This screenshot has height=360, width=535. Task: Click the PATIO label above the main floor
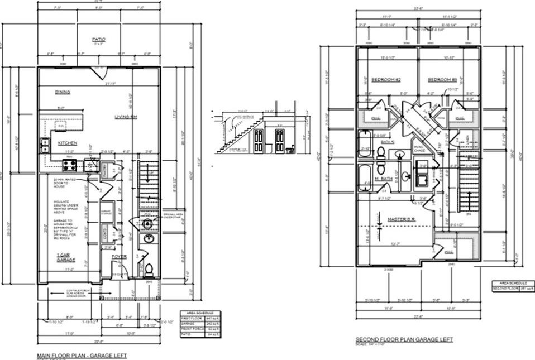[98, 40]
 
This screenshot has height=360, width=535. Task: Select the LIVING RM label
[126, 117]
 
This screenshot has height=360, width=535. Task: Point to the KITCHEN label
[68, 143]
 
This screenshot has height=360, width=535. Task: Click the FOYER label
[119, 257]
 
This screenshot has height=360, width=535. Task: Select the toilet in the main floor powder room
[149, 270]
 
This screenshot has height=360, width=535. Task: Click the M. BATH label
[383, 179]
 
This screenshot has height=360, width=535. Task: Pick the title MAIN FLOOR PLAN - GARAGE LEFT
[82, 355]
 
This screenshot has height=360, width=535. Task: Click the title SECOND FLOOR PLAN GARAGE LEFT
[404, 339]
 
